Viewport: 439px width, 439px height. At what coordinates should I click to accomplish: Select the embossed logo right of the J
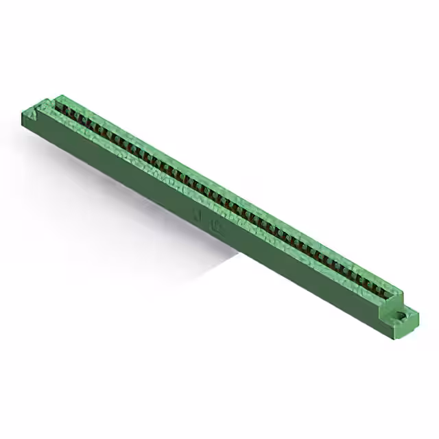click(x=218, y=227)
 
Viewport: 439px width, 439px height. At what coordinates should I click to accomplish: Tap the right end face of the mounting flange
click(x=414, y=324)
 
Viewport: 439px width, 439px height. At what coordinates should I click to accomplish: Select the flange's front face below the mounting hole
click(x=398, y=329)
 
